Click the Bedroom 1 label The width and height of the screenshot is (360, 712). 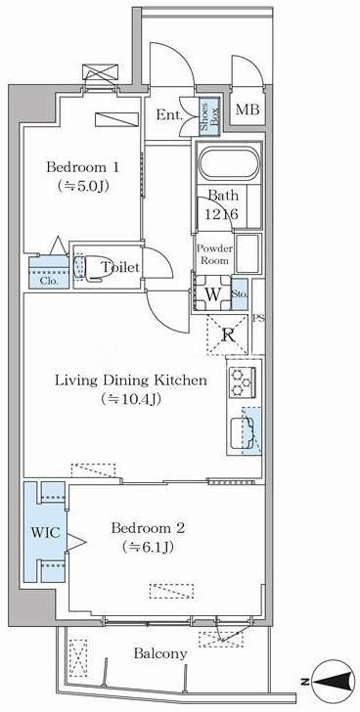tap(82, 167)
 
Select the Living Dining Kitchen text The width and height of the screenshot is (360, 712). tap(131, 379)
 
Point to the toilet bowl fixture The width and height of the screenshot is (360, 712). tap(91, 267)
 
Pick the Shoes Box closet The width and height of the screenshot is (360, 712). tap(210, 116)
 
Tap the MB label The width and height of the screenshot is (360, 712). tap(247, 110)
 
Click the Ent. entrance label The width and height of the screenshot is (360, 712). tap(169, 115)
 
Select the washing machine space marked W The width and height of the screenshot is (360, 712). tap(212, 293)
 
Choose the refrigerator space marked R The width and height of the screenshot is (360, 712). tap(227, 335)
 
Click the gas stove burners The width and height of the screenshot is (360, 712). tap(242, 382)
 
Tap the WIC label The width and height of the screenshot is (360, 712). tap(45, 533)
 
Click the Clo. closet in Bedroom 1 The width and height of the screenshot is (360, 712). tap(49, 273)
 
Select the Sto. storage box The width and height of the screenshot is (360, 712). tap(240, 294)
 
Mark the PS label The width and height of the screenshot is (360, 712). tap(259, 318)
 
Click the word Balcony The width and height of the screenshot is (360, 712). tap(160, 654)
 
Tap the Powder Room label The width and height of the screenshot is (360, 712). tap(214, 254)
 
